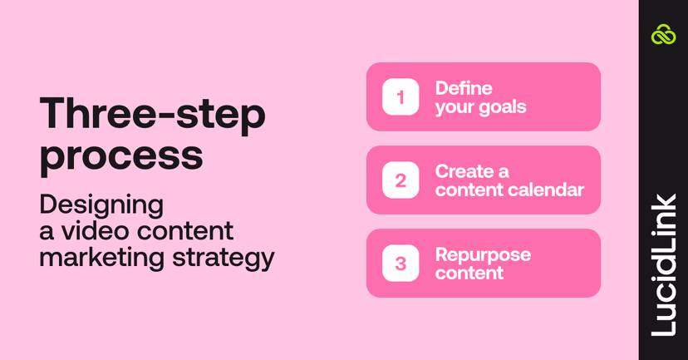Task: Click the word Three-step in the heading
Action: pos(153,115)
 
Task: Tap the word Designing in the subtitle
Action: pos(101,205)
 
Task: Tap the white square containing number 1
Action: pos(401,96)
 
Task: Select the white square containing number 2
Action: pos(401,180)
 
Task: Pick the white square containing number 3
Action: pos(401,263)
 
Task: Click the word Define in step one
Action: pos(464,88)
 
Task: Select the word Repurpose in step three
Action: pos(483,254)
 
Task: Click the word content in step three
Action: pos(469,273)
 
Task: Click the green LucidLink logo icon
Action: pos(663,34)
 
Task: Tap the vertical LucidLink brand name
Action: pos(663,264)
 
